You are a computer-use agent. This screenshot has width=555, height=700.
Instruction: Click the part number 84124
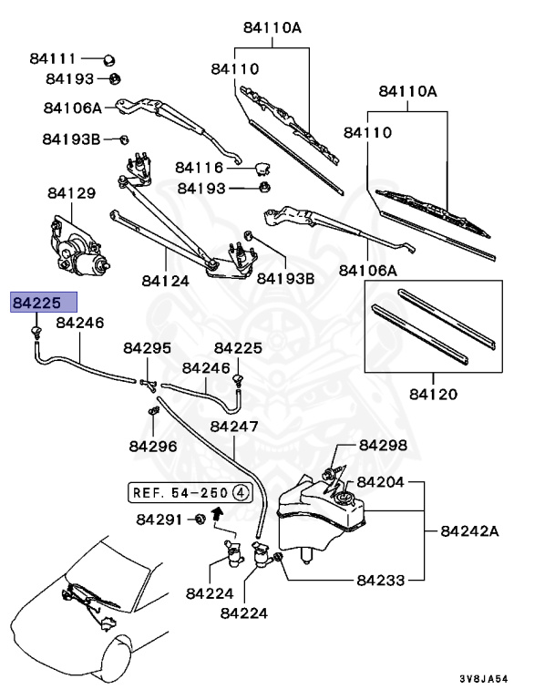coord(165,281)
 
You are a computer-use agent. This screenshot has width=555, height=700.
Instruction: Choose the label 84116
coord(200,168)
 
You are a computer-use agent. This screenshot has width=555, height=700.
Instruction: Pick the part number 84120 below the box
coord(433,394)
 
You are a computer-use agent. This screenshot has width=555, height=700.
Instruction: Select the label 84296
coord(152,446)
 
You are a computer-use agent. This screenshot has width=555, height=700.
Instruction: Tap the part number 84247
coord(234,426)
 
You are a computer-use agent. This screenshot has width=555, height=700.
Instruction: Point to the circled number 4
coord(241,492)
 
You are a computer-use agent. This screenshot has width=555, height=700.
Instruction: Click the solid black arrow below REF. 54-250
coord(217,514)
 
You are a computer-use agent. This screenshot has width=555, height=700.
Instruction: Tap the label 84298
coord(383,445)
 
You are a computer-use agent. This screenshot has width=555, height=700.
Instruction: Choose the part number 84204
coord(381,481)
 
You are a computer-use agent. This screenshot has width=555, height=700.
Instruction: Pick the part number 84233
coord(381,578)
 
